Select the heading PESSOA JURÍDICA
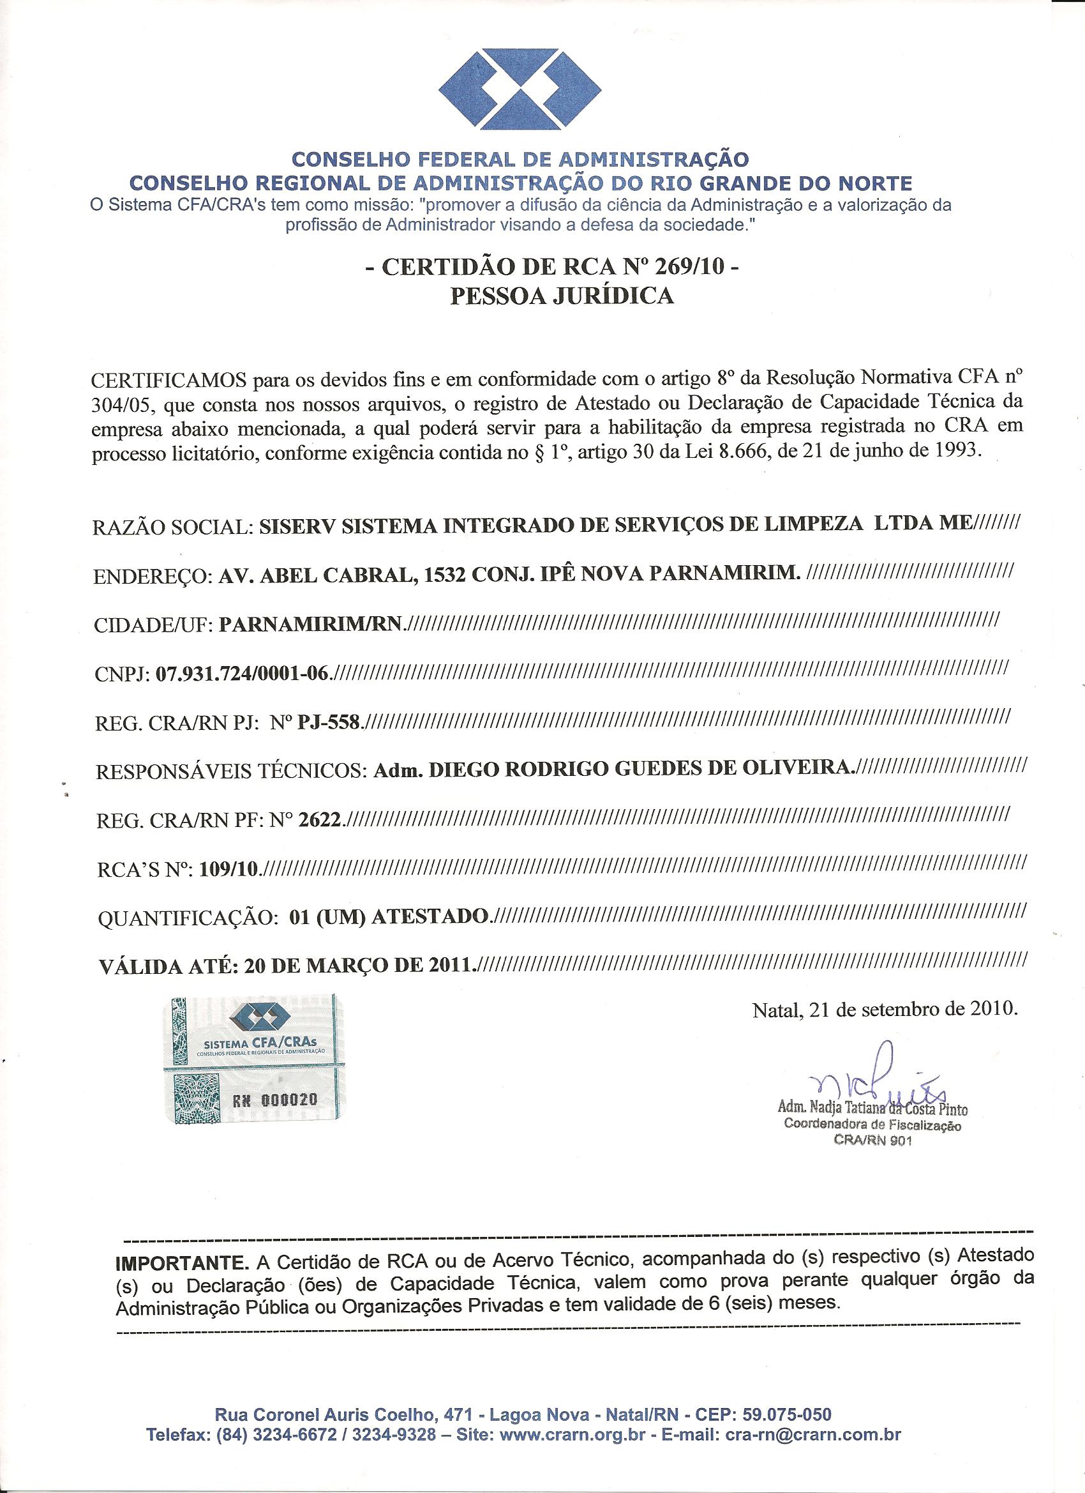[x=561, y=296]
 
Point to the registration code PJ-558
[x=328, y=722]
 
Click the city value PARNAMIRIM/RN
[x=310, y=624]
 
